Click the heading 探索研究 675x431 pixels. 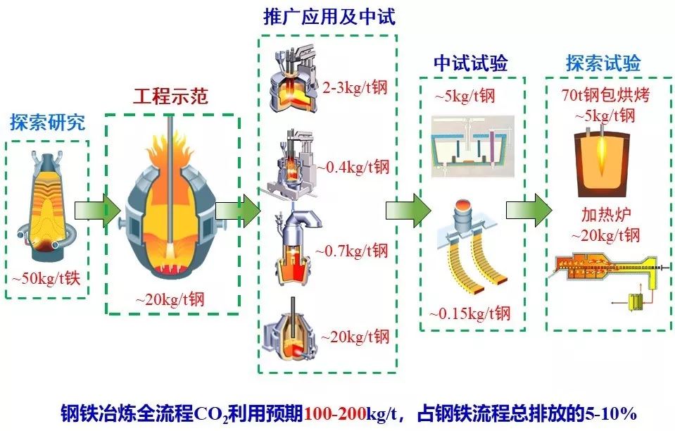tap(48, 122)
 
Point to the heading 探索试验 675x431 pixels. tap(603, 63)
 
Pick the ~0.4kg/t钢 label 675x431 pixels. tap(352, 167)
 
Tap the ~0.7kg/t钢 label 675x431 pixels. tap(351, 250)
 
